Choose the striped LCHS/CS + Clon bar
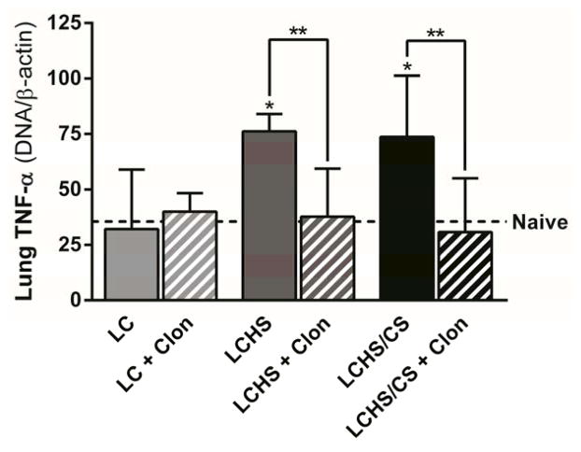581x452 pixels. coord(464,265)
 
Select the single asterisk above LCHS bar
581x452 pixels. coord(268,106)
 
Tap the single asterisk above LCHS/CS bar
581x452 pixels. coord(407,68)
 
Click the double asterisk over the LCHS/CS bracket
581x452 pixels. coord(435,34)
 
